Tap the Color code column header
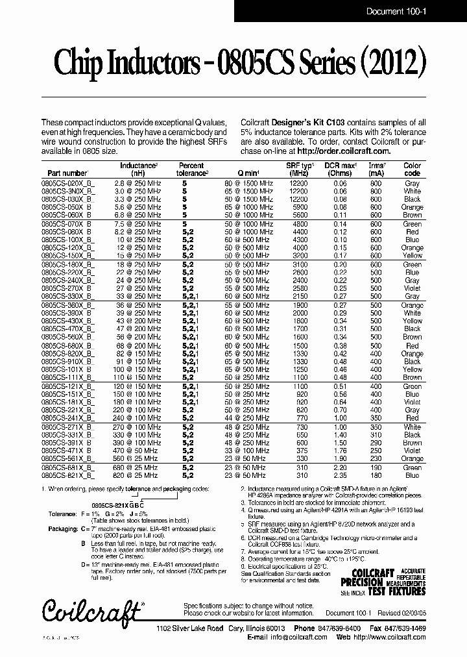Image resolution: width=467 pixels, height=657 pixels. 412,169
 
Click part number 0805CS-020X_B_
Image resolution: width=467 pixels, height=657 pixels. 68,184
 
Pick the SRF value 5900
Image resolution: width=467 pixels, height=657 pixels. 299,207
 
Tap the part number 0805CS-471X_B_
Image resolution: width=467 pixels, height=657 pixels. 68,451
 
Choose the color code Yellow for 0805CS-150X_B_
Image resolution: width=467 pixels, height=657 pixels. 412,256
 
